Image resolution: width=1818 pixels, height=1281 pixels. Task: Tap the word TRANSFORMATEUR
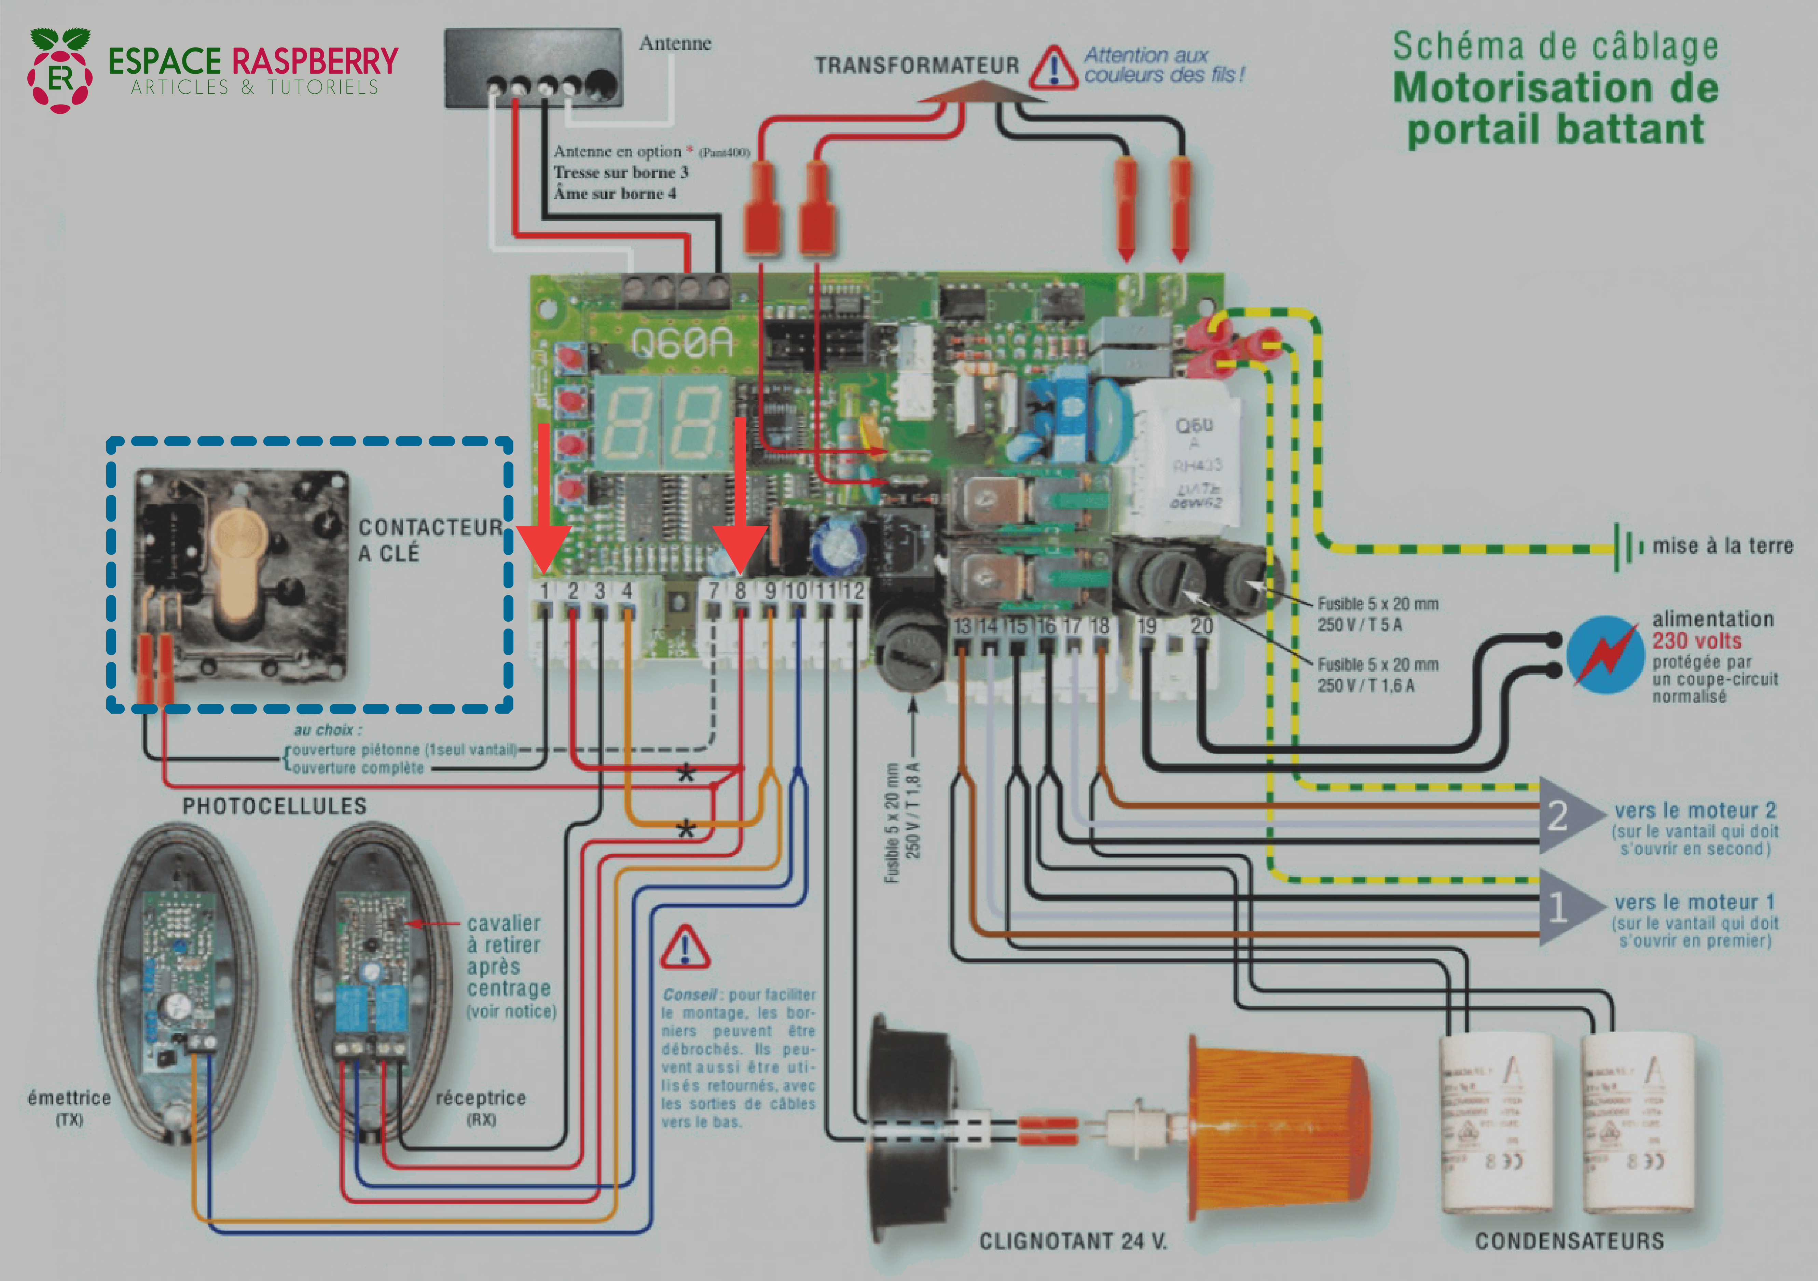[x=917, y=66]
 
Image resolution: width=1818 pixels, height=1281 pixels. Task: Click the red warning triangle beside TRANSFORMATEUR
[x=1053, y=69]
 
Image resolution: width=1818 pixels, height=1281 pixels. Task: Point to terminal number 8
[x=740, y=591]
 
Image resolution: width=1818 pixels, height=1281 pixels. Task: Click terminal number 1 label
[x=545, y=591]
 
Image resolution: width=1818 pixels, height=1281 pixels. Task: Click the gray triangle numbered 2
[x=1564, y=815]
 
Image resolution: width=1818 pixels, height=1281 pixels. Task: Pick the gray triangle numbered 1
[x=1564, y=907]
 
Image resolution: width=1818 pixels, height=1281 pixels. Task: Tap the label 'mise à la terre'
[x=1722, y=546]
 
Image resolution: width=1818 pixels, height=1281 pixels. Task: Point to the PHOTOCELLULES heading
[x=275, y=806]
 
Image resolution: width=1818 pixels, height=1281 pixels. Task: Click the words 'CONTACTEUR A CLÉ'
[x=430, y=540]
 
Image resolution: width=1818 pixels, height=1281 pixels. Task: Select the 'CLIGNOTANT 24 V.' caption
[x=1073, y=1241]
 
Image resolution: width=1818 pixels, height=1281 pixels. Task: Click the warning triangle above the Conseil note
[x=685, y=948]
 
